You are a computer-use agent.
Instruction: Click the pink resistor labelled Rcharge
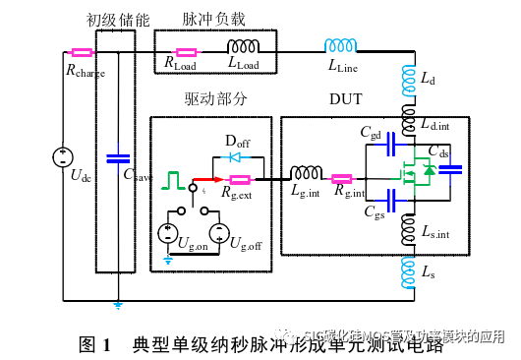click(82, 52)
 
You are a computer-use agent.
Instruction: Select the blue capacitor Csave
click(117, 156)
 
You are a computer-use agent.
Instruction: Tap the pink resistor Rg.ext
click(239, 179)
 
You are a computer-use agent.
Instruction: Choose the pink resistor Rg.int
click(342, 179)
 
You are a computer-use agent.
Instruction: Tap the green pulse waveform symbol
click(175, 179)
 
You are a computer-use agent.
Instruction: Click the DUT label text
click(344, 99)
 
